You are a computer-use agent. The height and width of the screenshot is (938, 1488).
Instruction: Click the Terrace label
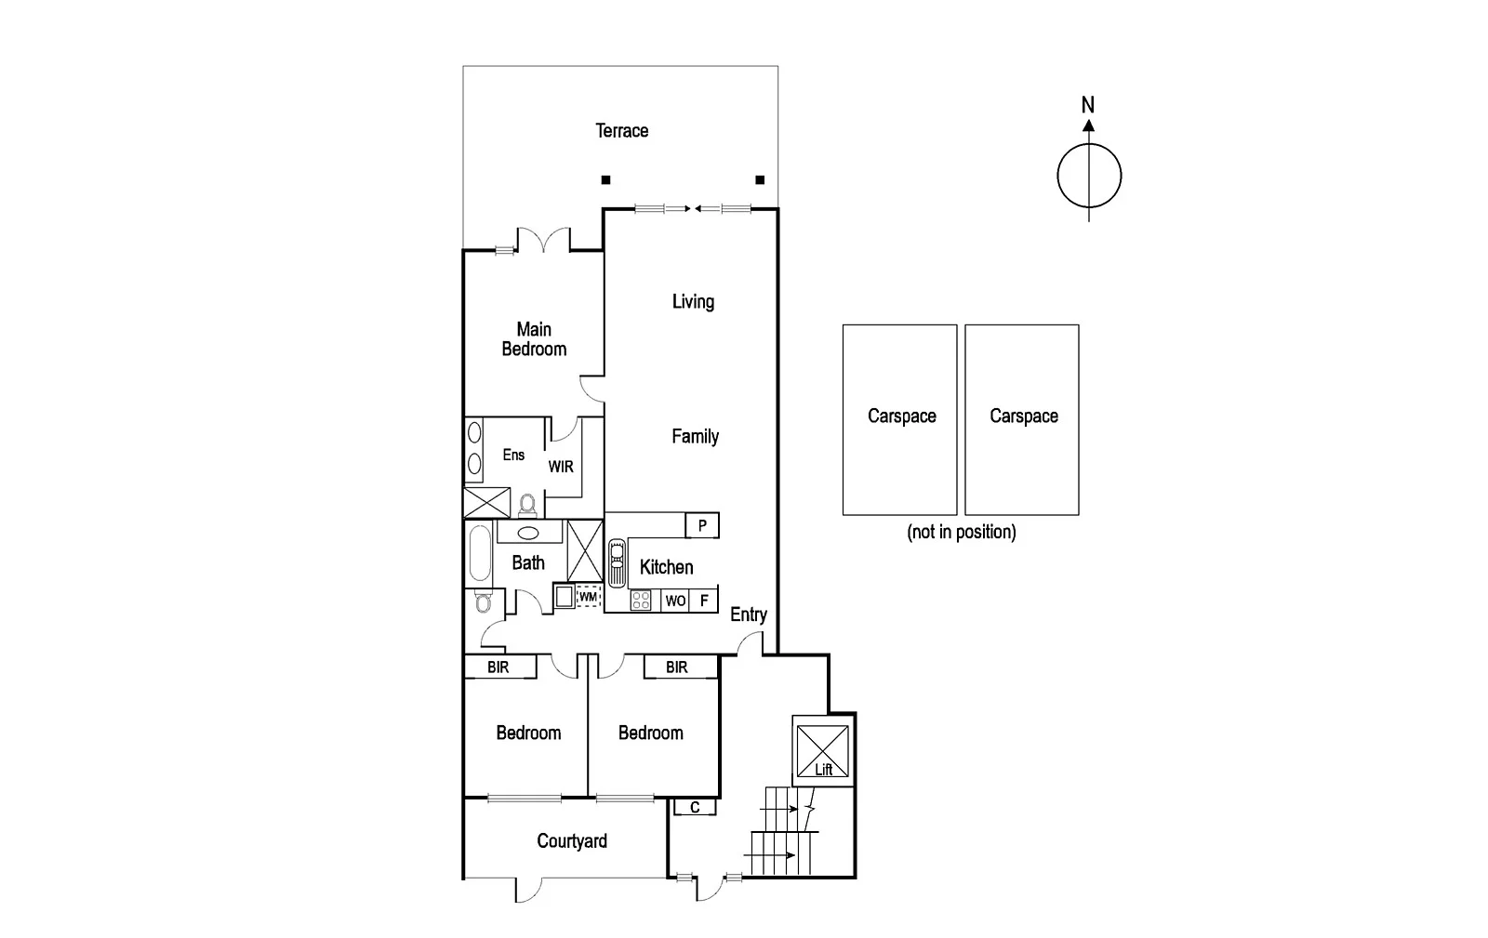tap(621, 131)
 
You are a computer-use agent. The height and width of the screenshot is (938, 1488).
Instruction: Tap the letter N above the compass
tap(1088, 105)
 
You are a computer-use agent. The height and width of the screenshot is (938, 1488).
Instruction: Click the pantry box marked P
tap(702, 525)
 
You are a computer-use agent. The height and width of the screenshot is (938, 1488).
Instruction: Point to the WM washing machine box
tap(588, 596)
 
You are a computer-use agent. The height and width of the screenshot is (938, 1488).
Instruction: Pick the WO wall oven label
tap(676, 601)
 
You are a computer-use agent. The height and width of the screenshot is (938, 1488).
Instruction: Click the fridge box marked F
tap(704, 601)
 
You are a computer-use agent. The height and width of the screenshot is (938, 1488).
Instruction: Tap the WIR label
tap(561, 467)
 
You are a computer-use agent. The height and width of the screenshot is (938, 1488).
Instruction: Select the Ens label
tap(513, 455)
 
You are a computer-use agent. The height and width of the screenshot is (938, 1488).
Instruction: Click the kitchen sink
tap(617, 562)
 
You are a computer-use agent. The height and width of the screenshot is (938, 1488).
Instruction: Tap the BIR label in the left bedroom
tap(498, 667)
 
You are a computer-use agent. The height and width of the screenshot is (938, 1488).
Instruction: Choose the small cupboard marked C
tap(695, 807)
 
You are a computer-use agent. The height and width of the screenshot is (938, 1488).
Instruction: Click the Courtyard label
tap(572, 841)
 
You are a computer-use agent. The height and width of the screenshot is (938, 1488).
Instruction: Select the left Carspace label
tap(901, 416)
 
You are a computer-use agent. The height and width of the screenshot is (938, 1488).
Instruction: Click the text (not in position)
tap(961, 532)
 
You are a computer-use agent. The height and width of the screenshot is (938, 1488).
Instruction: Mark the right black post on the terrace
tap(760, 179)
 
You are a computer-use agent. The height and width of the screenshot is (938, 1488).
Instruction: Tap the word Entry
tap(749, 614)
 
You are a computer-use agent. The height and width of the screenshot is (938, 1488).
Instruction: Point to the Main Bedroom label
tap(534, 339)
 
